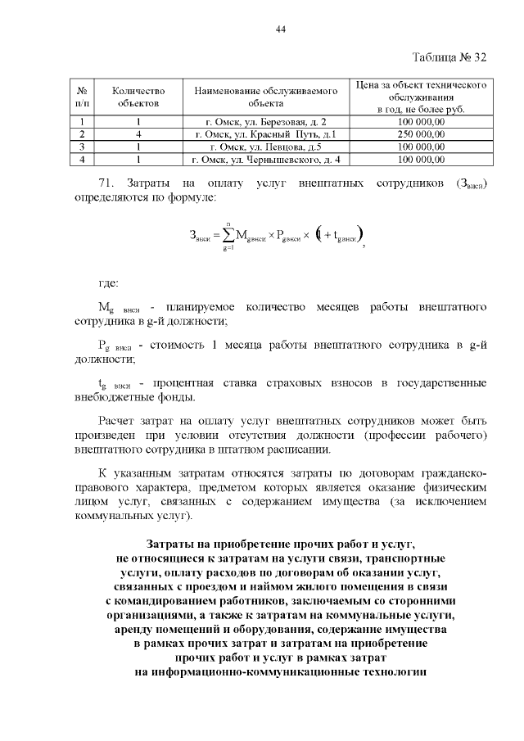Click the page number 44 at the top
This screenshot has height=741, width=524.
281,29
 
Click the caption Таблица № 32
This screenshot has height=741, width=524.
449,57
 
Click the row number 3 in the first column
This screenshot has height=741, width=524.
83,146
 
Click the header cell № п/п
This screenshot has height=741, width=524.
83,97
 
